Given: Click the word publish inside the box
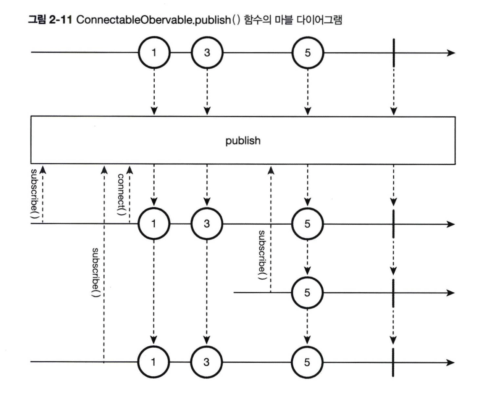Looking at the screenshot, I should [243, 141].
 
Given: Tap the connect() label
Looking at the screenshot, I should [121, 195].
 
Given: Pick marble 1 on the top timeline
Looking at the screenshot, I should [154, 53].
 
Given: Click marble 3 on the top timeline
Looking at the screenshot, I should [207, 53].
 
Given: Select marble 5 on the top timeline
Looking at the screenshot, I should [307, 53].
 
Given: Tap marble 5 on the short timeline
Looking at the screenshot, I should [307, 293].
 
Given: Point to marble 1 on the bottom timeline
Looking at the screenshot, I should [154, 362].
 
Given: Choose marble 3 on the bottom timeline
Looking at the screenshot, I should [207, 362].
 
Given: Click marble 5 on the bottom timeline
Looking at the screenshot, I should [307, 362].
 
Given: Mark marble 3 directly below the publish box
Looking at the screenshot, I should [207, 224].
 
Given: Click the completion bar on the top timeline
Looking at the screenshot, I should [393, 53].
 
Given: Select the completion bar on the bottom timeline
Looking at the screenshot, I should [393, 362].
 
